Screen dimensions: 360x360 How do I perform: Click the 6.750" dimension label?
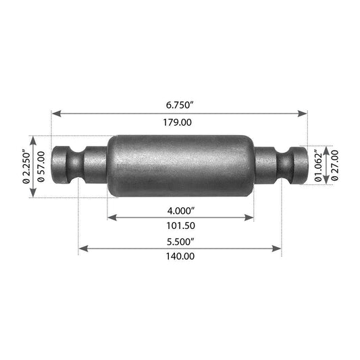pyautogui.click(x=180, y=105)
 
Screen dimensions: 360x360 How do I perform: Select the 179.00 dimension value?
pyautogui.click(x=177, y=122)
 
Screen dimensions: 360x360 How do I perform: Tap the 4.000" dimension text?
pyautogui.click(x=181, y=211)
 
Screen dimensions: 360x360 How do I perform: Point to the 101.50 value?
pyautogui.click(x=181, y=226)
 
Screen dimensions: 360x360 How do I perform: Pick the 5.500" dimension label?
pyautogui.click(x=180, y=242)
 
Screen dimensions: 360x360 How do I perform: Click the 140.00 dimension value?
pyautogui.click(x=180, y=256)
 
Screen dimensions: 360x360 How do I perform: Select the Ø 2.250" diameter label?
pyautogui.click(x=26, y=166)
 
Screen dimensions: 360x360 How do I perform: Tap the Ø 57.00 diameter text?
pyautogui.click(x=41, y=167)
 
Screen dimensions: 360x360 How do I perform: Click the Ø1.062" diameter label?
pyautogui.click(x=318, y=165)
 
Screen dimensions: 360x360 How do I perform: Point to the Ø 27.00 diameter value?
pyautogui.click(x=335, y=165)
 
